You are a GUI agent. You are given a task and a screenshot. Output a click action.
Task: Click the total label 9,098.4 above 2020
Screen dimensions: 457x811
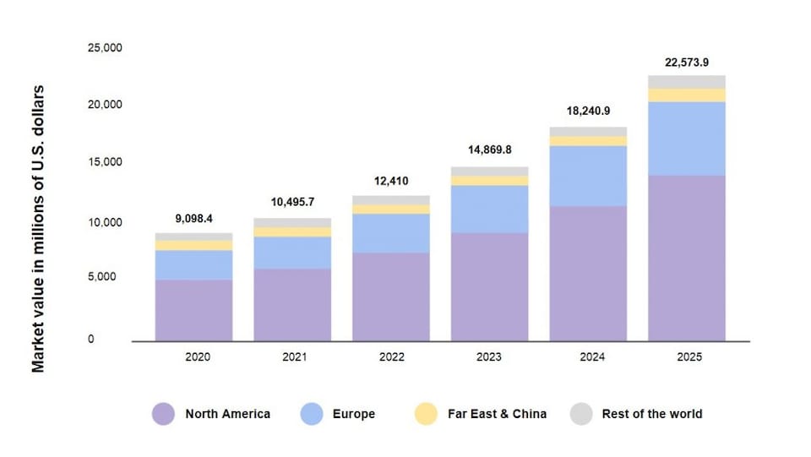tap(193, 219)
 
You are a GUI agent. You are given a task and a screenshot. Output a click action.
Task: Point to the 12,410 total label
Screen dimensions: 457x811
tap(390, 181)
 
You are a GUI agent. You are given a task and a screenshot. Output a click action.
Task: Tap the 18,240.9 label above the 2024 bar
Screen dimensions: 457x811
tap(588, 112)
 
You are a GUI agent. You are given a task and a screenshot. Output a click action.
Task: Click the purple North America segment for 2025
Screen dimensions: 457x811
tap(687, 258)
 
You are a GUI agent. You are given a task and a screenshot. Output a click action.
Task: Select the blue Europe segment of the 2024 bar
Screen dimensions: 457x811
tap(588, 176)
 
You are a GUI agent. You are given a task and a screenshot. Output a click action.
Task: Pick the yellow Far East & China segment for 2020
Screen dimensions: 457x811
tap(193, 245)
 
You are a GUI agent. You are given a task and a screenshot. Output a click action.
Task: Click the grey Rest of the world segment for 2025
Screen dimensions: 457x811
tap(687, 82)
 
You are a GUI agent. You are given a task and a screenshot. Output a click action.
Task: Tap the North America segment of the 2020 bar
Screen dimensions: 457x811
tap(193, 310)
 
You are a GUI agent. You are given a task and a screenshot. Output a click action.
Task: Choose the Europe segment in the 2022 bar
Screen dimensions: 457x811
tap(390, 233)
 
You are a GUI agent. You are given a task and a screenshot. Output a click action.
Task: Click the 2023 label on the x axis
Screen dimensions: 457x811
tap(489, 357)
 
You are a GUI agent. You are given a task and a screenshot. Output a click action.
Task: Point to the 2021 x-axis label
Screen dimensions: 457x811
tap(292, 357)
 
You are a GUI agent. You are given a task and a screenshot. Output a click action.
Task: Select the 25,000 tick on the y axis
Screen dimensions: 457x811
tap(105, 47)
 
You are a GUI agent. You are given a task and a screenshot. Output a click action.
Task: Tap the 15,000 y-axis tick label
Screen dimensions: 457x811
tap(105, 162)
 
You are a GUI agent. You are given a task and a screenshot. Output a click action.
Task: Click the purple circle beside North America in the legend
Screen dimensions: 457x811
tap(163, 414)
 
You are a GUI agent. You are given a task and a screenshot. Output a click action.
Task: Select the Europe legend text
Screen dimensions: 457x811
tap(353, 414)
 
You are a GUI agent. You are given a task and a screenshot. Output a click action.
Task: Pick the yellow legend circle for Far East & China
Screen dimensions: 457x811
tap(426, 414)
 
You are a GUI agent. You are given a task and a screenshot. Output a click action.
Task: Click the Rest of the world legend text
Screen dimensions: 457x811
tap(651, 414)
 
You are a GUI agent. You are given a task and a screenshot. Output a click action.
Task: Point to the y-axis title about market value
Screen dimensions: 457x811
tap(38, 228)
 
